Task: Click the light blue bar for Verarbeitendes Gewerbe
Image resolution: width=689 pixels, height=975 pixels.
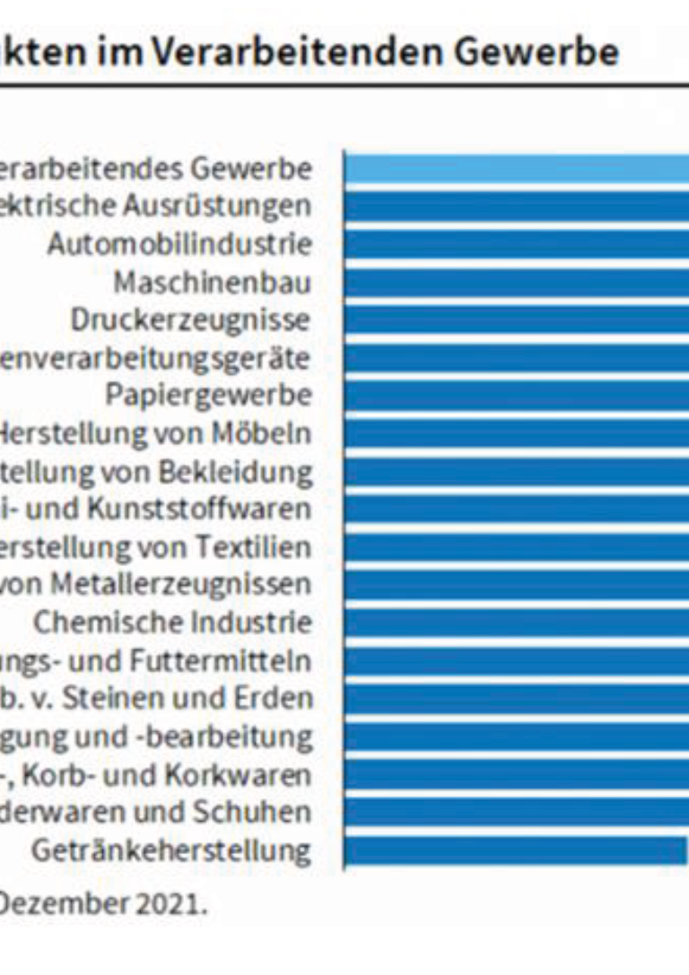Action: click(517, 168)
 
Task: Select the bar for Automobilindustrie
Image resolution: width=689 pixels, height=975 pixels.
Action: click(517, 244)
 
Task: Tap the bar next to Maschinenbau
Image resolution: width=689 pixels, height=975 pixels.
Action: click(517, 282)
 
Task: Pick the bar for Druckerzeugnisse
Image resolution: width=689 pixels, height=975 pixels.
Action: click(517, 320)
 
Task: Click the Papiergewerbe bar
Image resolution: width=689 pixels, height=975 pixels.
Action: click(517, 396)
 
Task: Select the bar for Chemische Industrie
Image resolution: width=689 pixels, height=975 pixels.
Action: click(517, 622)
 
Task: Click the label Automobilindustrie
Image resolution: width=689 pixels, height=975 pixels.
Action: click(179, 244)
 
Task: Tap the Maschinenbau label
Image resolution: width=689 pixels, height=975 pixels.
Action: click(213, 283)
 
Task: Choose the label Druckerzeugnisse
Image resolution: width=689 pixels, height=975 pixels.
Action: click(191, 320)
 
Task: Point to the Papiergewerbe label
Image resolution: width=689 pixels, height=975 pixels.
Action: click(209, 396)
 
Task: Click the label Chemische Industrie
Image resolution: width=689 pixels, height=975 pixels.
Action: click(173, 622)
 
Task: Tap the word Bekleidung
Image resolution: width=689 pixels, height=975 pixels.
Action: click(257, 472)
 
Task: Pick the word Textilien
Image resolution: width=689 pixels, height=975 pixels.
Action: click(266, 547)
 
